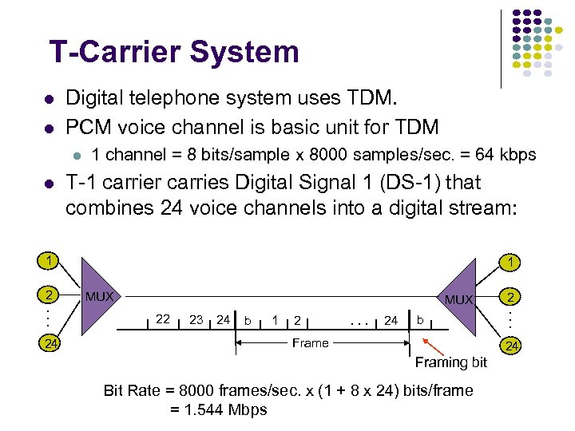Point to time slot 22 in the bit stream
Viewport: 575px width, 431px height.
coord(163,319)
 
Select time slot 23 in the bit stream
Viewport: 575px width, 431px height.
coord(196,319)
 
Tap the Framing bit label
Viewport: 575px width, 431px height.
coord(450,362)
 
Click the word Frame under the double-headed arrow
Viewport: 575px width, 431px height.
coord(310,343)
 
